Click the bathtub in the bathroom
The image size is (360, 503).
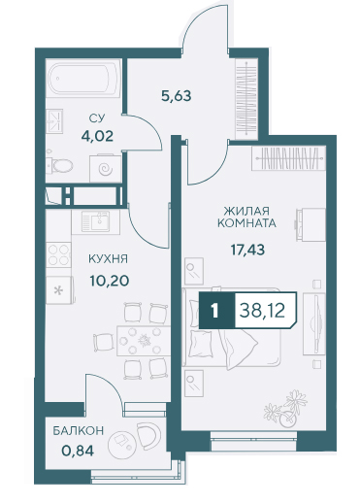coord(83,78)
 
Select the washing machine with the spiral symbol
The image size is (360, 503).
coord(106,168)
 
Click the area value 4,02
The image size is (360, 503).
coord(97,136)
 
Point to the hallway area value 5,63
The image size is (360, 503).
coord(177,96)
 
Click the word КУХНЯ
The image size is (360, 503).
coord(108,259)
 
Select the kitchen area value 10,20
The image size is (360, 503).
coord(110,281)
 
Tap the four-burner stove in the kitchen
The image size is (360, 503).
coord(58,254)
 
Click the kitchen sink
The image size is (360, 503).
coord(96,221)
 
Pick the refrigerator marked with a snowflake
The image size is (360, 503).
coord(60,290)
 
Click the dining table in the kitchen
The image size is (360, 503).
coord(144,341)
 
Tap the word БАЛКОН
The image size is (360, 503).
coord(79,430)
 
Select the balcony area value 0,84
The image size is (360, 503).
coord(78,451)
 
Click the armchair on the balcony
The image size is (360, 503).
coord(148,435)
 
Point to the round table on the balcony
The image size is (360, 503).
coord(120,443)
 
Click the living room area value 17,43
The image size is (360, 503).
coord(247,250)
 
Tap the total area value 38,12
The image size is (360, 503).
coord(262,311)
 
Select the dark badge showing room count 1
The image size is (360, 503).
coord(215,311)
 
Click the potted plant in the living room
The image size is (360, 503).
coord(286,409)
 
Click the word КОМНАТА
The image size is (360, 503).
coord(246,223)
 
